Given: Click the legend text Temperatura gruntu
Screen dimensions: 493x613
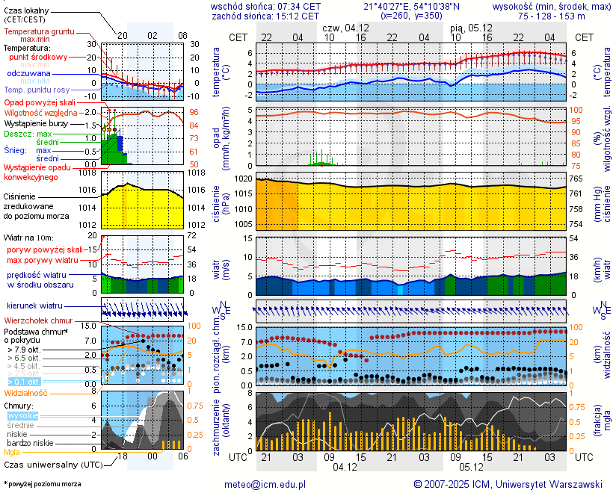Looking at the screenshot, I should coord(39,32).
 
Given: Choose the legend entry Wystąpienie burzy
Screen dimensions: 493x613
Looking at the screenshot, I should coord(36,123).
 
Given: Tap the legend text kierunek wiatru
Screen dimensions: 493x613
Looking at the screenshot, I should coord(34,306).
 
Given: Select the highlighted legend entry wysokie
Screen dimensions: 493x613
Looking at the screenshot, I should coord(22,415).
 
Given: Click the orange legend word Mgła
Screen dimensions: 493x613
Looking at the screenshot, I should coord(12,452).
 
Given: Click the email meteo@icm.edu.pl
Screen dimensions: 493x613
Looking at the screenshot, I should coord(265,484).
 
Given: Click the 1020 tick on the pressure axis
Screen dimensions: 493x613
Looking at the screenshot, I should coord(244,179).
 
